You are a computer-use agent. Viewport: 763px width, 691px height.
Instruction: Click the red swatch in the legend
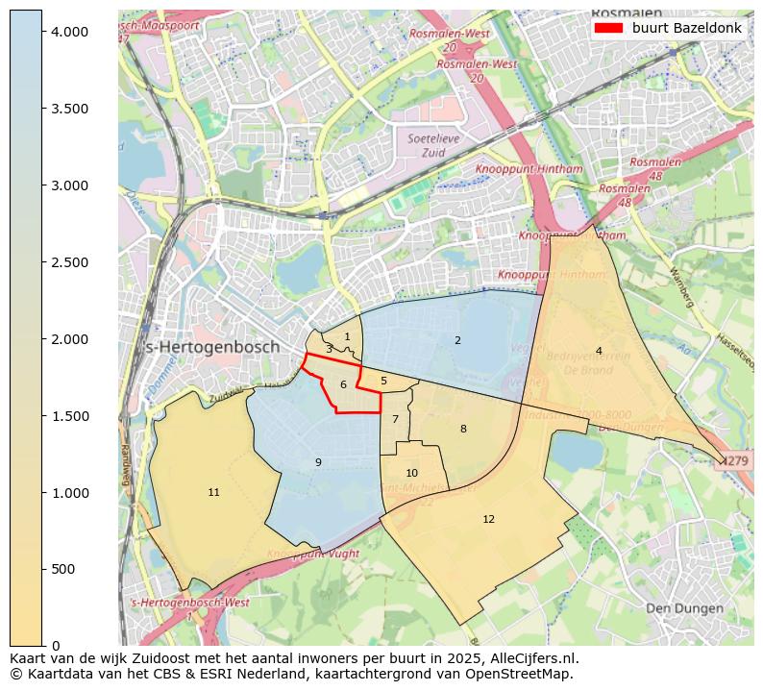coord(609,28)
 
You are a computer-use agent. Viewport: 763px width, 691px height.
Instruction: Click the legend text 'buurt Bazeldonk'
coord(686,28)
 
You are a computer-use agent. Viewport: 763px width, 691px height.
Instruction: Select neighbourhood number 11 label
coord(213,493)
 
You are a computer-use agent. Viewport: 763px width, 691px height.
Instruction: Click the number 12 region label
coord(488,520)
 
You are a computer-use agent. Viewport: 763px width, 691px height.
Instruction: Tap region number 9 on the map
coord(318,463)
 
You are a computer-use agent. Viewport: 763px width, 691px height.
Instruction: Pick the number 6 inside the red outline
coord(343,385)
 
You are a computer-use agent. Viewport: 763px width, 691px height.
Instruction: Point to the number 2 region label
coord(457,341)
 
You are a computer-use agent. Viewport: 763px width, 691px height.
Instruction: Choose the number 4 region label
coord(599,352)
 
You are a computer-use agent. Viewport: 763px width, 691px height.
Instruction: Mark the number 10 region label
coord(411,474)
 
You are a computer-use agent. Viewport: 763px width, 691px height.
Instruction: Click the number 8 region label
coord(463,430)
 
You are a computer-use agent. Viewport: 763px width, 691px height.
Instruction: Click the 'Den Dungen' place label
coord(683,608)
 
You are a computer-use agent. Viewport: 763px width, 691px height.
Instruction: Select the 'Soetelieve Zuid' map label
coord(427,145)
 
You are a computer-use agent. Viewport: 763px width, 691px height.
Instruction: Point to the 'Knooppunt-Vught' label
coord(312,555)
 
